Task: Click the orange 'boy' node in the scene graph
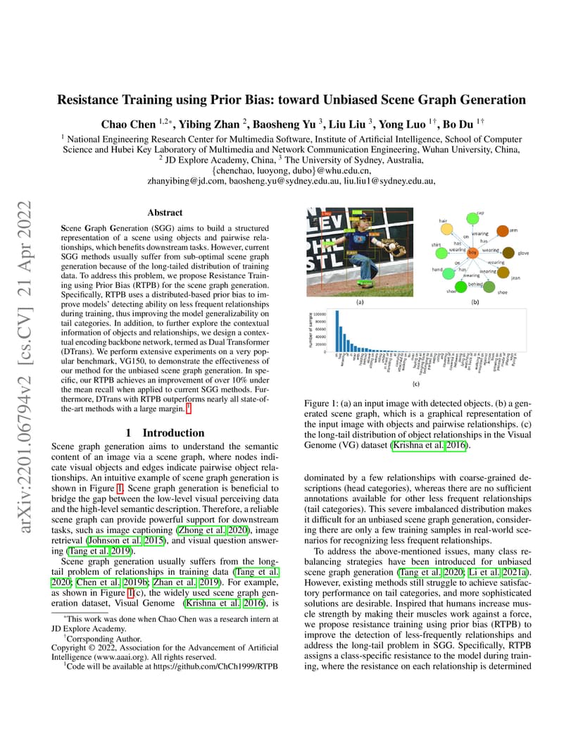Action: point(472,251)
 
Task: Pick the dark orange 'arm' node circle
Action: point(502,230)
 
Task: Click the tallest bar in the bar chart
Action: point(337,332)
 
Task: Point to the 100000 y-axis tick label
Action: point(320,314)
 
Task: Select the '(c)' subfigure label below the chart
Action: point(416,385)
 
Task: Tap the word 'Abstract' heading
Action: point(165,212)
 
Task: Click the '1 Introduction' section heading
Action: point(165,432)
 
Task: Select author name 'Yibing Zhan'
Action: point(210,124)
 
